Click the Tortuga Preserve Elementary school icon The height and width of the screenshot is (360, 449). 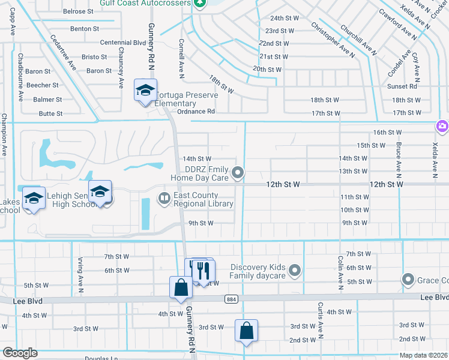click(x=145, y=91)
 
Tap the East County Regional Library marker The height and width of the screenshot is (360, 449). click(x=164, y=197)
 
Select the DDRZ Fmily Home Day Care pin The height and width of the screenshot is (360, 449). click(x=238, y=173)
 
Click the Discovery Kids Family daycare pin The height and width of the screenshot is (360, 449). click(x=294, y=271)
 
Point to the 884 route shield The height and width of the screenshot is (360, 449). click(x=231, y=298)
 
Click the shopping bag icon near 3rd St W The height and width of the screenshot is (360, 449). click(x=247, y=331)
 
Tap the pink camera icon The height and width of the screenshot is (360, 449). click(x=442, y=125)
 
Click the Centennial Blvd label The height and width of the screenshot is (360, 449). click(x=123, y=43)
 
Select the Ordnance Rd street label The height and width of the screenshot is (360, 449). click(x=196, y=112)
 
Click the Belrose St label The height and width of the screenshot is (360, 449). click(x=78, y=11)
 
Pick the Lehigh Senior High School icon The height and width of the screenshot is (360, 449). click(x=100, y=192)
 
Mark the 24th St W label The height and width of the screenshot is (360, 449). click(x=284, y=19)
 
